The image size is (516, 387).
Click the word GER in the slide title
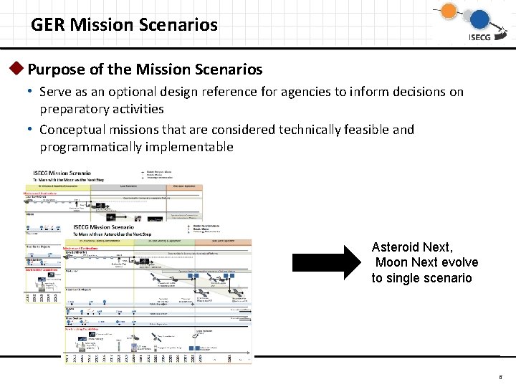pos(45,25)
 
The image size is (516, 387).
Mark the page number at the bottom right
pos(500,373)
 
